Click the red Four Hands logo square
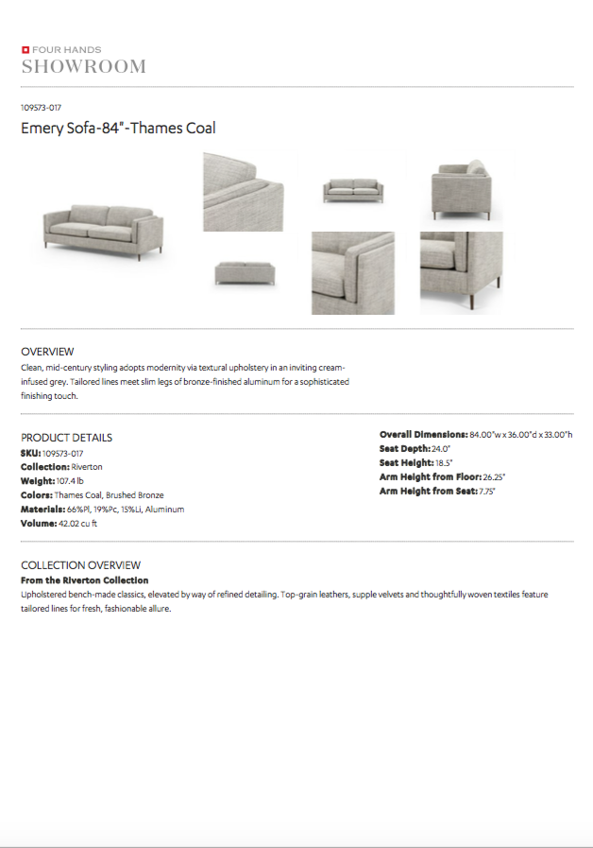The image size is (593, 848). point(25,49)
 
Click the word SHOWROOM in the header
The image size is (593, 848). point(83,66)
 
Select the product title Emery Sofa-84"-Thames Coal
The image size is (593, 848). point(118,128)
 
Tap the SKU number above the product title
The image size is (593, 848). point(41,108)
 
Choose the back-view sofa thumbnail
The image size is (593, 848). point(245,272)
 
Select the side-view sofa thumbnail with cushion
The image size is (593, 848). point(461,189)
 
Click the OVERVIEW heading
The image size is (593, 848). point(47,352)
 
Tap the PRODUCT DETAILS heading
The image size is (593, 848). point(66,438)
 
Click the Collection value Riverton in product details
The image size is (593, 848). point(87,467)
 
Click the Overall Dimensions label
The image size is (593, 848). point(423,434)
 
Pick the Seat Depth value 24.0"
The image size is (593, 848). point(441,448)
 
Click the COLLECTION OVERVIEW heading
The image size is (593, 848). point(80,565)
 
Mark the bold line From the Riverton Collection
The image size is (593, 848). point(84,580)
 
